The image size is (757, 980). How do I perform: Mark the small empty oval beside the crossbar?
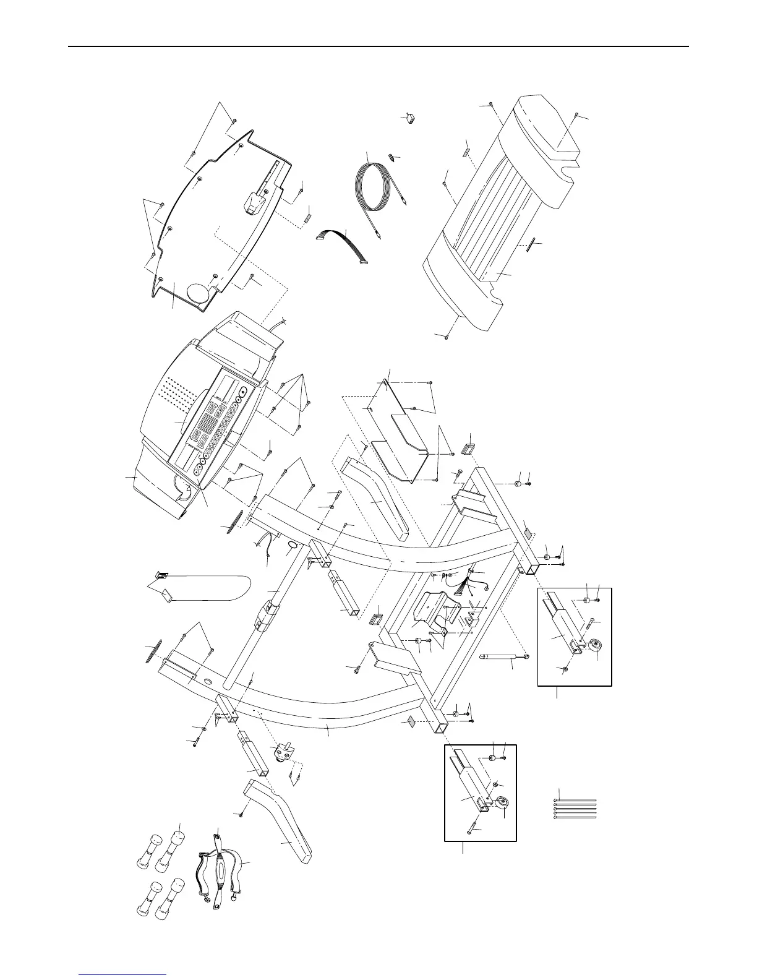(x=291, y=545)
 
